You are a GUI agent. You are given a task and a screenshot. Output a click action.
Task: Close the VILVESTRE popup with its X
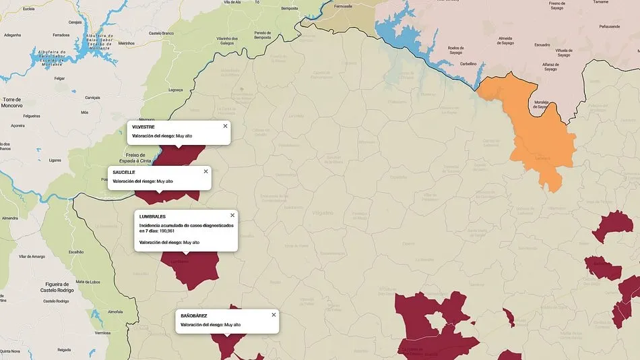(225, 126)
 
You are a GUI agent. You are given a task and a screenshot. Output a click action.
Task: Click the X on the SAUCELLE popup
(205, 171)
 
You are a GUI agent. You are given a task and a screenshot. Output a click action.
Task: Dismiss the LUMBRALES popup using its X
(232, 216)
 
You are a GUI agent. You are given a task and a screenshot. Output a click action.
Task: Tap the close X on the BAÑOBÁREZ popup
(274, 315)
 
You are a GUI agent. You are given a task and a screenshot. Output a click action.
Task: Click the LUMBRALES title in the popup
(152, 216)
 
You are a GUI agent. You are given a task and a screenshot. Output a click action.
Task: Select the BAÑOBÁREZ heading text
(194, 316)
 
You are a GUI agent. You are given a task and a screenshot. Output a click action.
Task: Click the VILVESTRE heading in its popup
(143, 127)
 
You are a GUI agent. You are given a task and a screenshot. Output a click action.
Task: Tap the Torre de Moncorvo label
(12, 102)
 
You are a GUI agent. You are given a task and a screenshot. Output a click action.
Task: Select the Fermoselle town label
(343, 6)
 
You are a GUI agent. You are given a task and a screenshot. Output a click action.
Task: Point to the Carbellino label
(468, 64)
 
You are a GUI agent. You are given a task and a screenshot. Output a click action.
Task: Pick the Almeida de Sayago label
(509, 41)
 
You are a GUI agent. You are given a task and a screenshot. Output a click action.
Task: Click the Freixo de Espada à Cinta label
(137, 158)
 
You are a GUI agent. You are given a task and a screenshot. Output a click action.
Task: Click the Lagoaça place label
(175, 90)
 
